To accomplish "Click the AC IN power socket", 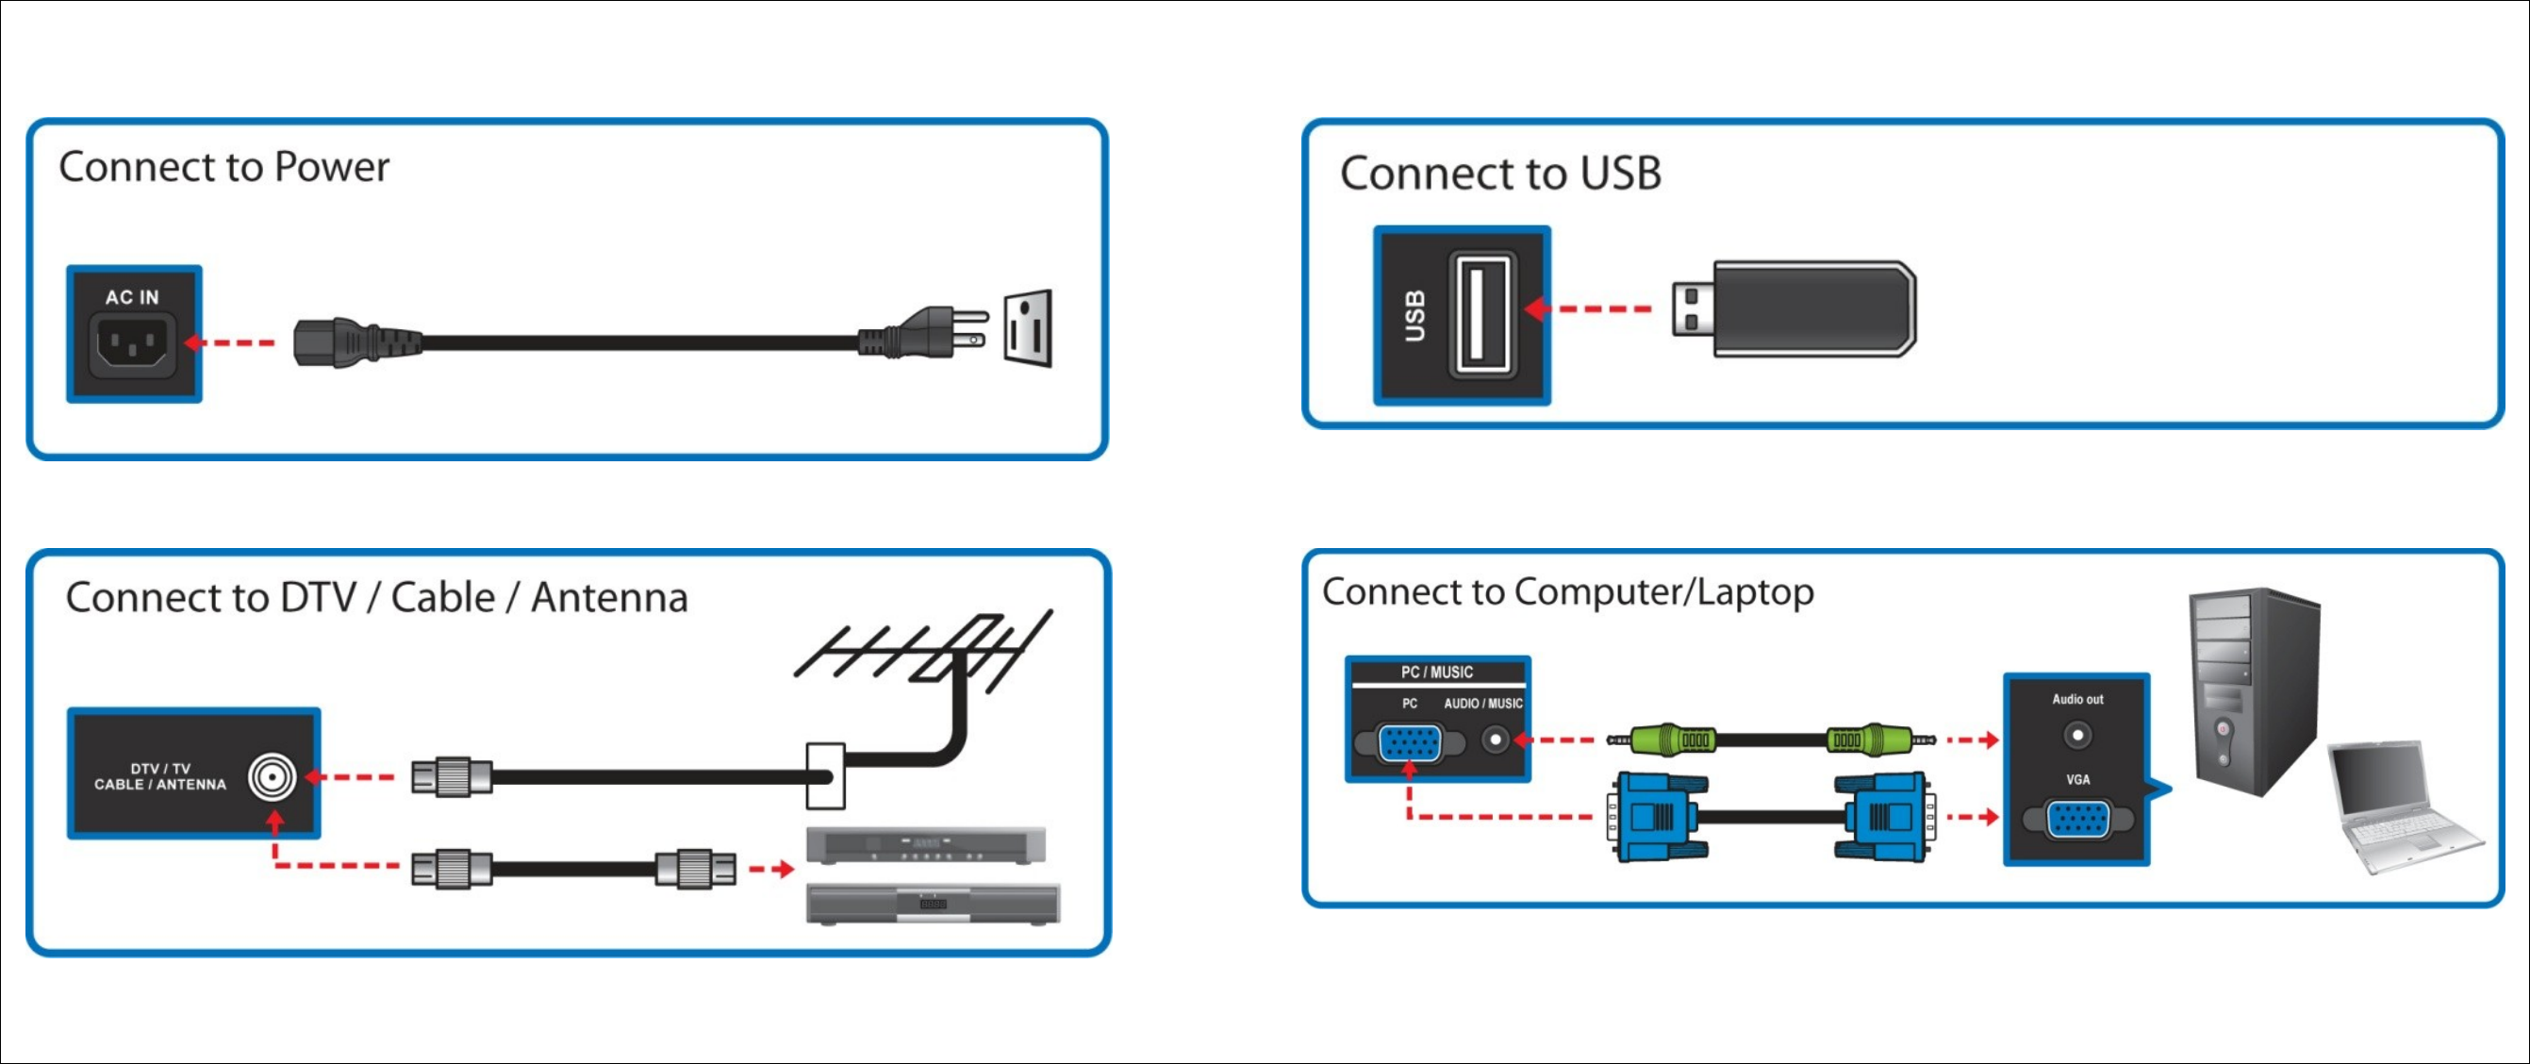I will [133, 344].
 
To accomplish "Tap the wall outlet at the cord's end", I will [1027, 329].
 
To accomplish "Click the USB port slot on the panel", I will [1482, 313].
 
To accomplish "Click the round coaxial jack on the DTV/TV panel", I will [271, 778].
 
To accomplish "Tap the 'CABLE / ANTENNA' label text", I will [160, 785].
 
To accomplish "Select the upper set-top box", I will [925, 845].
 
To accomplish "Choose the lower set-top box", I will [932, 903].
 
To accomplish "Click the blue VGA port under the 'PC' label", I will [1410, 742].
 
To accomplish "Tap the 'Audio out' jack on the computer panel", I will [2076, 735].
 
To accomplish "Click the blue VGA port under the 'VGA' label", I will [2077, 820].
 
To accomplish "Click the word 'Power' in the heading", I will [331, 167].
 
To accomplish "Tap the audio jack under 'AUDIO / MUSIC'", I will [1495, 739].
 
